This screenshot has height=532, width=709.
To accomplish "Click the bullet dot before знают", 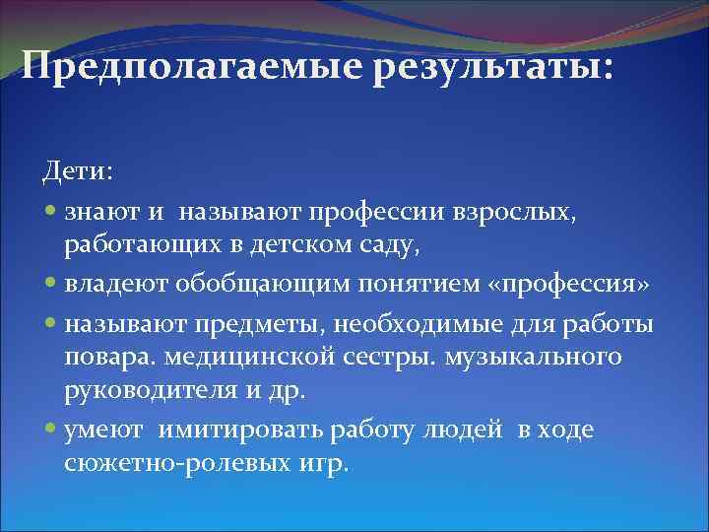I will coord(51,211).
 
